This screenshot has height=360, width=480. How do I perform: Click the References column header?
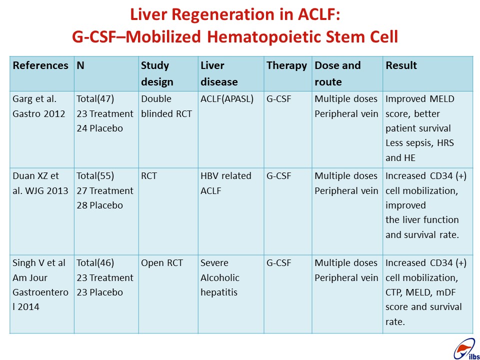[x=40, y=65]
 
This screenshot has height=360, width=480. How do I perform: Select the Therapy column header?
[x=286, y=66]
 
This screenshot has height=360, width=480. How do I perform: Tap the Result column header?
[x=401, y=65]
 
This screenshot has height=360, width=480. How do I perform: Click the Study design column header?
[x=157, y=74]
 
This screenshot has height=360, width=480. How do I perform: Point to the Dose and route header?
[x=337, y=74]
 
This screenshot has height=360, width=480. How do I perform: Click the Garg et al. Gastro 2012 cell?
[x=39, y=106]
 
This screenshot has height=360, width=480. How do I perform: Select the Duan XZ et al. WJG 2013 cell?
[x=40, y=183]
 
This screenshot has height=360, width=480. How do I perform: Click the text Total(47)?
[x=95, y=99]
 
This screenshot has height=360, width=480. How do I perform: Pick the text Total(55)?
[x=95, y=175]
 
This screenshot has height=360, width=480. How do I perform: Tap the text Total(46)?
[x=95, y=262]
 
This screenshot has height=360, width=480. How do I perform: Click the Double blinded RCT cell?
[x=166, y=106]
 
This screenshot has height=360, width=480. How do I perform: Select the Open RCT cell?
[x=161, y=263]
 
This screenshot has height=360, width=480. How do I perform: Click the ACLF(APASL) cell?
[x=227, y=99]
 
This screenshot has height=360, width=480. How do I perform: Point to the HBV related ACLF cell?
[x=226, y=183]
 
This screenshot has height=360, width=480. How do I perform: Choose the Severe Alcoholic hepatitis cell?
[x=220, y=277]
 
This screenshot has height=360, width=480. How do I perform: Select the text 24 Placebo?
[x=100, y=128]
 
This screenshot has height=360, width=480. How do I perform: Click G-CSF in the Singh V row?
[x=278, y=263]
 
